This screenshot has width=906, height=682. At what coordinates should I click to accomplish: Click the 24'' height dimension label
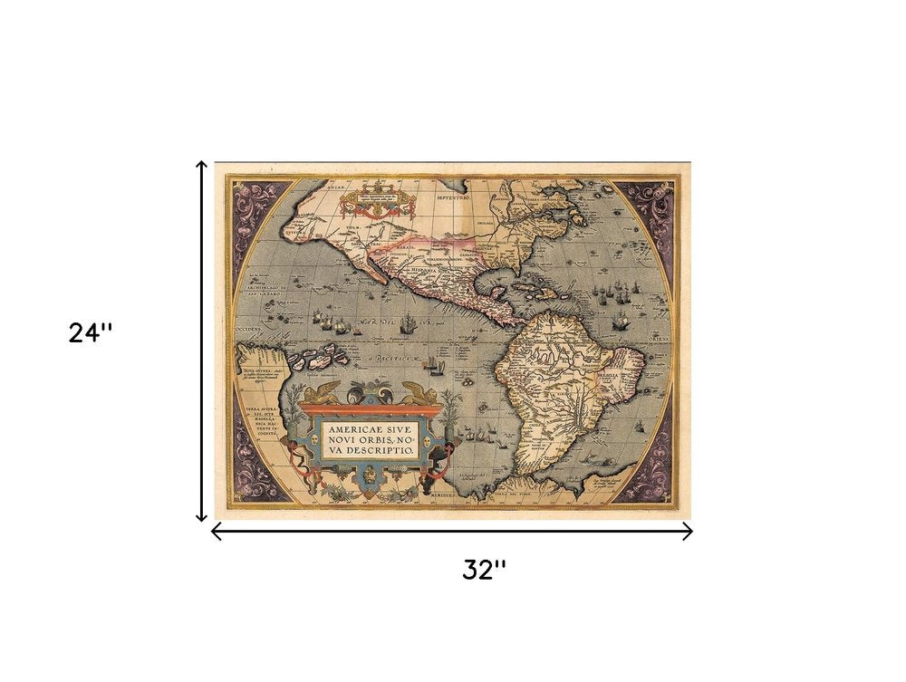pos(91,333)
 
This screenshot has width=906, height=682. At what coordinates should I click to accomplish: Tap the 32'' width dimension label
pos(484,570)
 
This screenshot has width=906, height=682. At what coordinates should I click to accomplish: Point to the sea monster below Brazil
pos(599,464)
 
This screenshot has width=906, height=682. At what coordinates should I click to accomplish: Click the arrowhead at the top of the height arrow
pos(202,166)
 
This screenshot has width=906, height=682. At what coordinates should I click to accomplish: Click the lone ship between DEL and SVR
pos(407,322)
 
